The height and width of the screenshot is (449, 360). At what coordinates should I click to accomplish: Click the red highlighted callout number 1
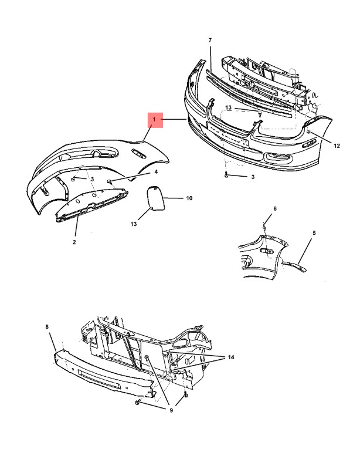(x=155, y=119)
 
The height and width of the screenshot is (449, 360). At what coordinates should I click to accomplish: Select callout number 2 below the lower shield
(x=74, y=242)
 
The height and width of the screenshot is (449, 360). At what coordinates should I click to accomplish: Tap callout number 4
(x=156, y=172)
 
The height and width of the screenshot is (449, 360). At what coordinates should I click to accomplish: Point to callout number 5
(x=314, y=233)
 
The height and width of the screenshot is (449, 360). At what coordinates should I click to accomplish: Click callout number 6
(x=275, y=208)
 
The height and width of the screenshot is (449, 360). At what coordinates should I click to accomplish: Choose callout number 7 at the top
(x=210, y=40)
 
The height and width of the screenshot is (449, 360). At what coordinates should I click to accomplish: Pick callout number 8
(x=47, y=326)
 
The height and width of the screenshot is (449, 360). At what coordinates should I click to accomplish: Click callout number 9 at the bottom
(x=171, y=410)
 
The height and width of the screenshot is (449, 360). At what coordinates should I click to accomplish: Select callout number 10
(x=189, y=198)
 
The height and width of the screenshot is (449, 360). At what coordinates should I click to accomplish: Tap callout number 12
(x=337, y=146)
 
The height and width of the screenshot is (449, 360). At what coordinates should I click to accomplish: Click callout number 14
(x=230, y=357)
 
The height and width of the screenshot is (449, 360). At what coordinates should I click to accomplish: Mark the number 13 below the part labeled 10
(x=134, y=224)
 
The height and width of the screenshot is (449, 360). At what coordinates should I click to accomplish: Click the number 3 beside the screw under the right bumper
(x=253, y=177)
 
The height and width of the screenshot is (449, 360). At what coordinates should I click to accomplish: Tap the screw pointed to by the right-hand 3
(x=226, y=175)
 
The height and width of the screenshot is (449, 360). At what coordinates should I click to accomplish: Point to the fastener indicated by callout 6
(x=264, y=228)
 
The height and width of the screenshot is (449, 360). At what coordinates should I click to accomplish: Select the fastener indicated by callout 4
(x=109, y=181)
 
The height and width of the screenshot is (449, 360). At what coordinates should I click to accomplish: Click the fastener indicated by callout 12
(x=309, y=131)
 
